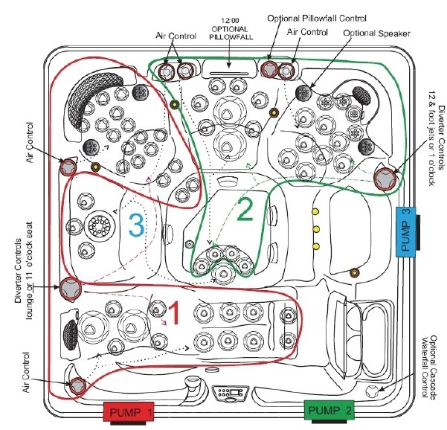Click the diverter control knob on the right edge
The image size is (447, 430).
pyautogui.click(x=386, y=179)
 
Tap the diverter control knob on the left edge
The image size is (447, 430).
pyautogui.click(x=71, y=286)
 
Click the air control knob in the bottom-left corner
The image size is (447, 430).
pyautogui.click(x=77, y=385)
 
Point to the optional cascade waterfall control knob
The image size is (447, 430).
pyautogui.click(x=373, y=390)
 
